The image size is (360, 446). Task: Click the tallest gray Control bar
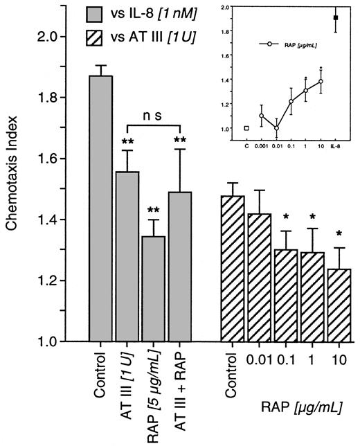point(101,208)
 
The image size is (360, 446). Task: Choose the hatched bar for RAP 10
point(335,305)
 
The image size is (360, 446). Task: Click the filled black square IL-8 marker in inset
point(336,18)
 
